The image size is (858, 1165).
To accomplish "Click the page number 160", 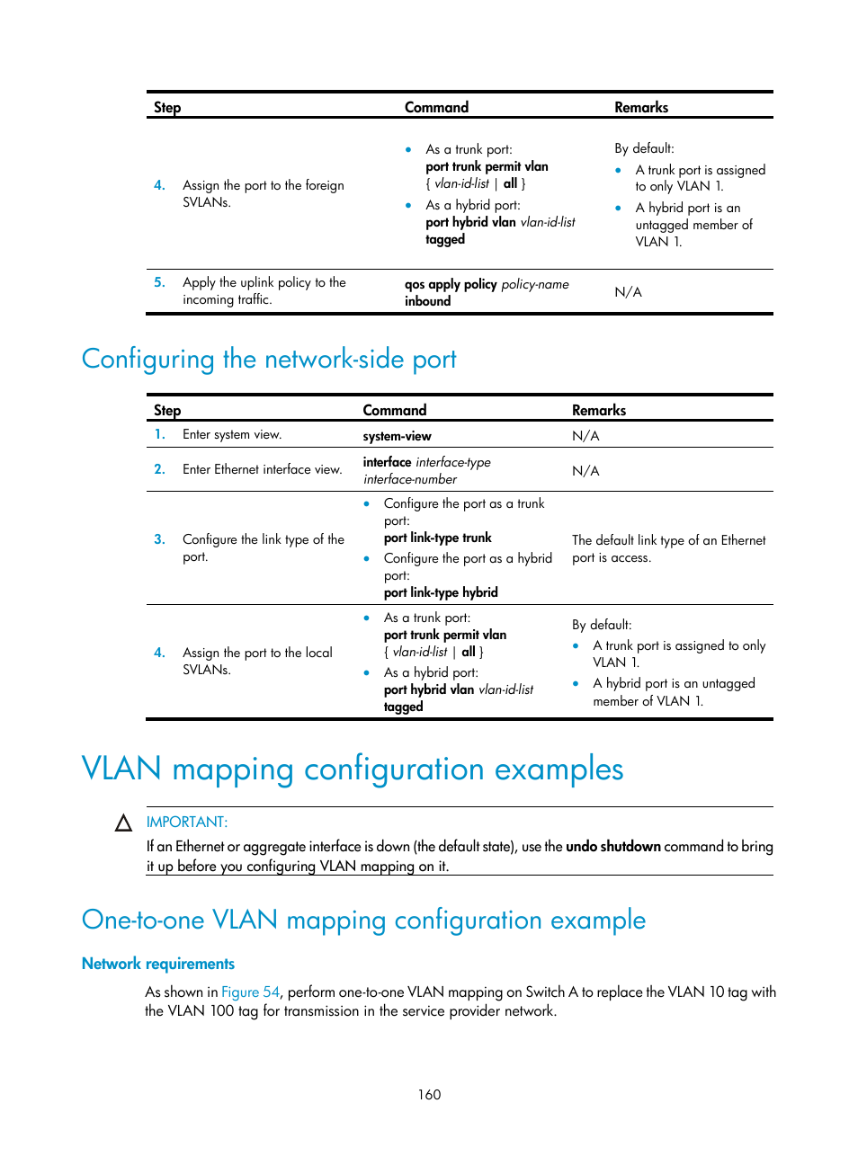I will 429,1094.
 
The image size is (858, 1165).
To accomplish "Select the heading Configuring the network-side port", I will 269,359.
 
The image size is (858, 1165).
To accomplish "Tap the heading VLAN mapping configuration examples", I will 352,769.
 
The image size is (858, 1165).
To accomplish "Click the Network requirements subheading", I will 158,964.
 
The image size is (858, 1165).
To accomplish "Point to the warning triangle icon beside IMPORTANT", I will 124,823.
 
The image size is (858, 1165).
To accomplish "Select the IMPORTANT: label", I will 187,822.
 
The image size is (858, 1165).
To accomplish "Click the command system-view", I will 397,436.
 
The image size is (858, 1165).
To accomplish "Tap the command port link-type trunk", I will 438,538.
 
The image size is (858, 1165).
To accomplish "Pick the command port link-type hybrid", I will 441,592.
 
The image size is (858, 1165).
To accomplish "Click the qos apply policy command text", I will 486,284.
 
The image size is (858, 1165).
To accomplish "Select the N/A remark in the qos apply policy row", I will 628,292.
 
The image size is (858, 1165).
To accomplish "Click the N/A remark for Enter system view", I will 585,436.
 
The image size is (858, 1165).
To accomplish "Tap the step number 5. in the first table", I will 159,282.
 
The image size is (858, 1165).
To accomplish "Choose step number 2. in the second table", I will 159,469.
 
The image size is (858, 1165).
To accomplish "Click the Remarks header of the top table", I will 641,107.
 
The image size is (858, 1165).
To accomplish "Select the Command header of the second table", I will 395,410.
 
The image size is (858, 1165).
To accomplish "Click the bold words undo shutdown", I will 613,846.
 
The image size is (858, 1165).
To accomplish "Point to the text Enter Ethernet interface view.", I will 262,469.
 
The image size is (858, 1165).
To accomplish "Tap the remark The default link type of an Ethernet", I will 668,540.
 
